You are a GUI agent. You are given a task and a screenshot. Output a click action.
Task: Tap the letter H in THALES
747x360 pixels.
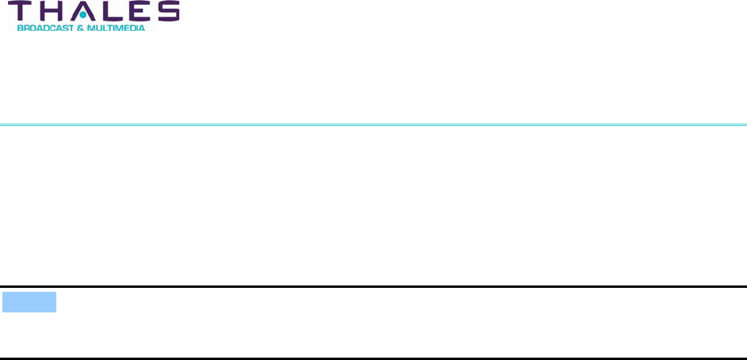(52, 11)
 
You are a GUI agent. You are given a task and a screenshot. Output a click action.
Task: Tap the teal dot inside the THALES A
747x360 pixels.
(82, 14)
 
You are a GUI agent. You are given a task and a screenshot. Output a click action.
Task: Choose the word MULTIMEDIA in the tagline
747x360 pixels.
(116, 28)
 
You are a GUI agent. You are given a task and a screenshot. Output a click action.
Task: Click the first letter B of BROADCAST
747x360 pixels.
(21, 28)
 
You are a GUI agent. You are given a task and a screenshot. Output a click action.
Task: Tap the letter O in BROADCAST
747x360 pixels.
(33, 28)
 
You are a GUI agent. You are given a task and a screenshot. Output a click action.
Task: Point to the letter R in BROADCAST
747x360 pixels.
(26, 28)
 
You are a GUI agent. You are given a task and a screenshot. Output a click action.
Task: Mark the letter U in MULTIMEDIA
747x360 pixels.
(98, 28)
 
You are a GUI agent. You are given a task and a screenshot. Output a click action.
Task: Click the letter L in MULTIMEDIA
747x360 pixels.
(104, 28)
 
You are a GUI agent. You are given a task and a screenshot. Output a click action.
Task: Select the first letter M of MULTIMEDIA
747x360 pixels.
(90, 28)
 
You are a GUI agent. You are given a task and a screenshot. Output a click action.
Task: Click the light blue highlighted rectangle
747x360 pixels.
(29, 302)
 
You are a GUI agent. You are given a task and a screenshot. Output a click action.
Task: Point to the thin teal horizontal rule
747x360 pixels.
(373, 124)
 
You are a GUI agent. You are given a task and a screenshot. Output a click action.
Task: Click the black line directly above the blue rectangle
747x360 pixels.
(373, 286)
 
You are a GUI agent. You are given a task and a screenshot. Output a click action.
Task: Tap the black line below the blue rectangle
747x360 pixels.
(373, 358)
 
